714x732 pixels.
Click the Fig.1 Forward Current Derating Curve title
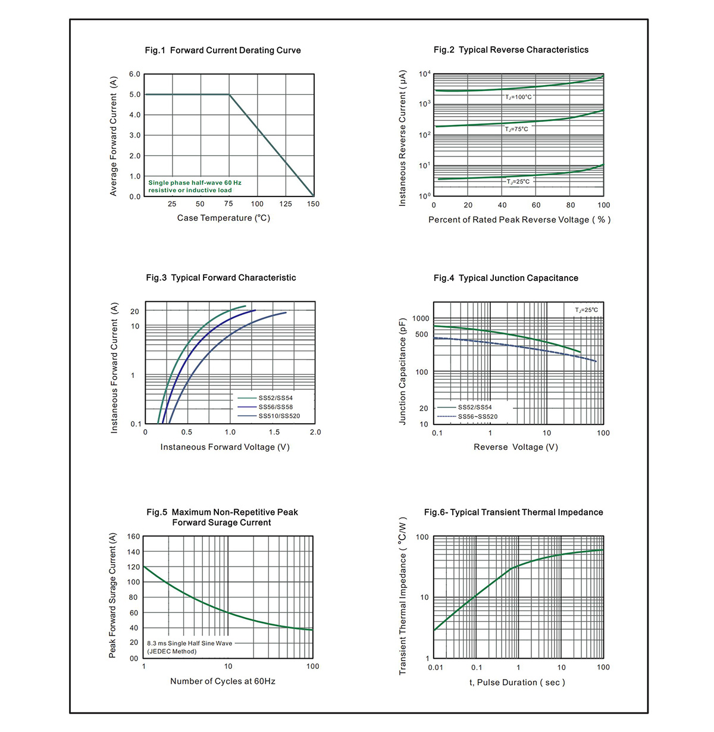click(223, 51)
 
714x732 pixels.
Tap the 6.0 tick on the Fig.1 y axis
click(134, 74)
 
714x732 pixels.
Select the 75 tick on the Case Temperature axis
click(228, 204)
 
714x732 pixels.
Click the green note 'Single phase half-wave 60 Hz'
click(195, 183)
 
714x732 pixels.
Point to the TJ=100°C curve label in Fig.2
click(518, 97)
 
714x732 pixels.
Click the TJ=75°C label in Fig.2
click(516, 129)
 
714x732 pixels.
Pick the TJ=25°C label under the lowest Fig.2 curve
click(518, 182)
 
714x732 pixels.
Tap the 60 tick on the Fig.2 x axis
click(535, 205)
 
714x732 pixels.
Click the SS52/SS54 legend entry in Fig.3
click(275, 398)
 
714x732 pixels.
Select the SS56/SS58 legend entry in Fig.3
click(275, 407)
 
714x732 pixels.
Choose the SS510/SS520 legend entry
click(279, 416)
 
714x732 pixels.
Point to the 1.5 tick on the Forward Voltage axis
click(274, 432)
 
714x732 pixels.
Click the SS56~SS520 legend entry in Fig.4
click(478, 417)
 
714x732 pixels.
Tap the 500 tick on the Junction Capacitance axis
click(421, 334)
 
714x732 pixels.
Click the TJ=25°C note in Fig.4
click(586, 310)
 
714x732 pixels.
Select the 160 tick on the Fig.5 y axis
click(133, 536)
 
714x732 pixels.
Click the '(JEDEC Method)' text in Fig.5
click(172, 652)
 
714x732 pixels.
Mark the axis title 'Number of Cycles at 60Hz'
click(223, 681)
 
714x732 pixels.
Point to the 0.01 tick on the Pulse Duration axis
click(436, 667)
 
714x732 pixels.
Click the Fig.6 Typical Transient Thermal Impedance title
click(513, 512)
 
